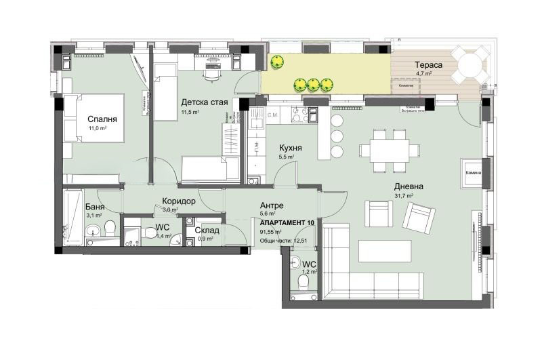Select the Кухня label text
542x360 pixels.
(291, 147)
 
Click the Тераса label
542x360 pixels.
(429, 64)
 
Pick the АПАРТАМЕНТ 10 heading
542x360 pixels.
(287, 222)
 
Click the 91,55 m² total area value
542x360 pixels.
(274, 231)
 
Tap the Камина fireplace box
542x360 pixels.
(473, 172)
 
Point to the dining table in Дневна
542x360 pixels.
(390, 151)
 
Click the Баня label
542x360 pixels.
(94, 207)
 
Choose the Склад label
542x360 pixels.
(206, 230)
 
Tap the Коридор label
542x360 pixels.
(178, 201)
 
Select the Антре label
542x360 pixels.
(272, 205)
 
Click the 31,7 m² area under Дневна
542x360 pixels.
(405, 196)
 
